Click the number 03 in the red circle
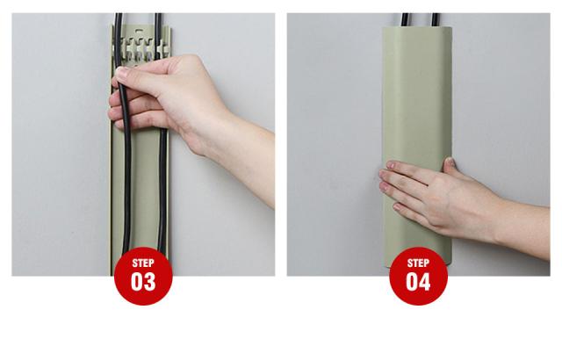143,281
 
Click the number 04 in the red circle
418,281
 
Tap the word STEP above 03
143,263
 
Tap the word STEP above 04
418,263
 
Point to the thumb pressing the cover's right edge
450,164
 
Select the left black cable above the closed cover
405,19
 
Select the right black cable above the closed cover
436,19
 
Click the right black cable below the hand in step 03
162,190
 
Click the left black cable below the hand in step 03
126,190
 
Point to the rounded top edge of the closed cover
417,29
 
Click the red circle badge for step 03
143,276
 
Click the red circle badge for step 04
418,276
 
